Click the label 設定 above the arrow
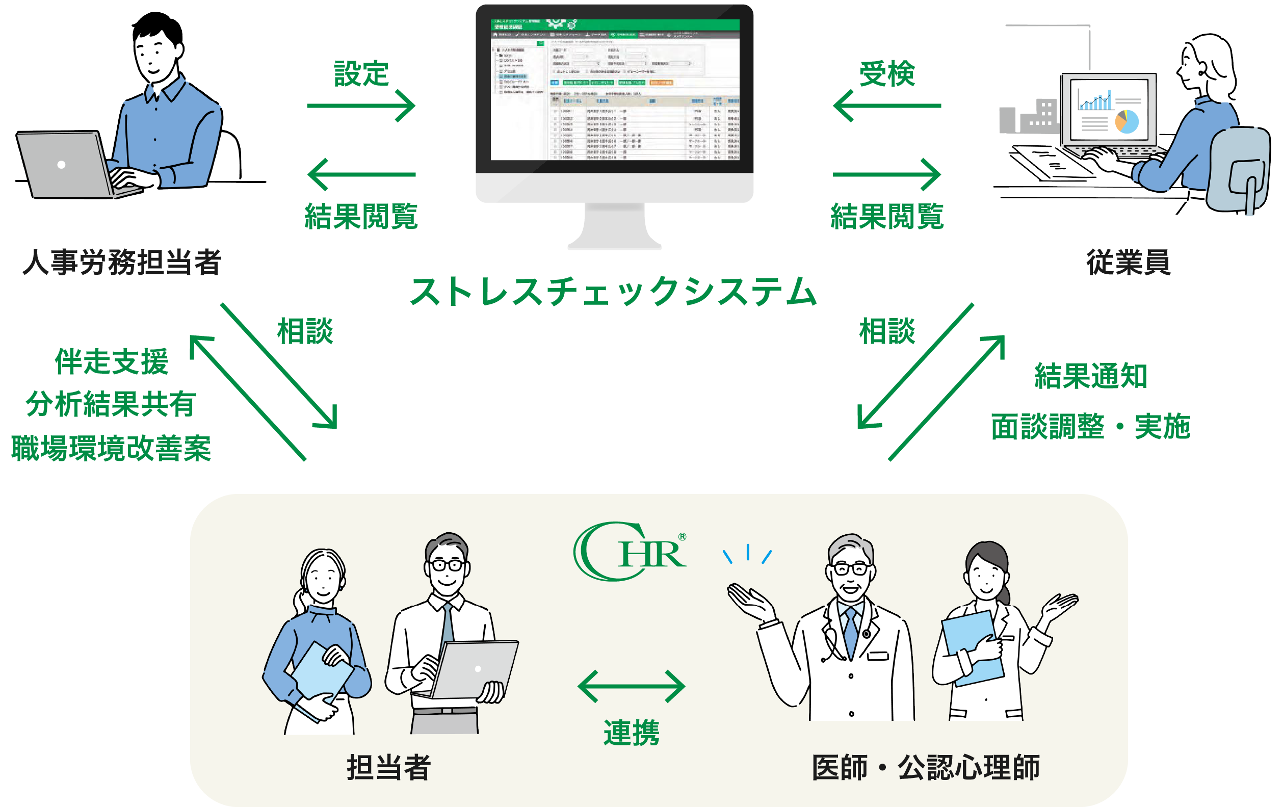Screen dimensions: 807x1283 (361, 73)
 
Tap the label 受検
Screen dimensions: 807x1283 (887, 73)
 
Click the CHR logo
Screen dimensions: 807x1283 (629, 551)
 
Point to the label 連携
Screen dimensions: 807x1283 (632, 733)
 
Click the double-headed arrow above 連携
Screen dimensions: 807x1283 (632, 686)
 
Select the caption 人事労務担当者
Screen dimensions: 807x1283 (121, 262)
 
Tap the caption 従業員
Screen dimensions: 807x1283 (1129, 262)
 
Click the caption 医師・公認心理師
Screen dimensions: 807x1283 (926, 768)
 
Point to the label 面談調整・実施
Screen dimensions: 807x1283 (1090, 426)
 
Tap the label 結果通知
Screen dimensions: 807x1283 (1090, 376)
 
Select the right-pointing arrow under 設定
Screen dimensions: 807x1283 (361, 106)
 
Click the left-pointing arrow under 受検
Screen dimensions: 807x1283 (887, 106)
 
